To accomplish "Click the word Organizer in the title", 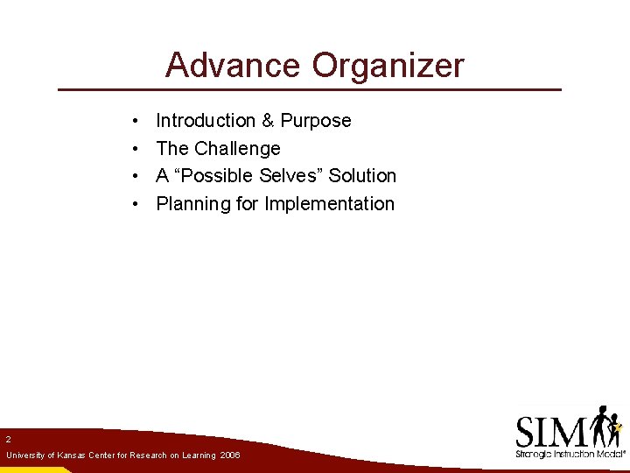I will click(388, 66).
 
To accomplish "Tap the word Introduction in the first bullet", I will click(205, 121).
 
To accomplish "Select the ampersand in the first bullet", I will click(268, 121).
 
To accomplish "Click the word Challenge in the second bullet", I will click(237, 149).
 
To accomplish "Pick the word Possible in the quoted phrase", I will click(217, 176).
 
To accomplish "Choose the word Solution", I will click(362, 176).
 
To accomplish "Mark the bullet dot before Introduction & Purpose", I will click(136, 121).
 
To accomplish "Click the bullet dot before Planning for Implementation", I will click(136, 204).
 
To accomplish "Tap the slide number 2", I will click(8, 439).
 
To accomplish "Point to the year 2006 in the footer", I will click(230, 456).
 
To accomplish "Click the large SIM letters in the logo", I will click(551, 432).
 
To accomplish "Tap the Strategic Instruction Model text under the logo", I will click(569, 455).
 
